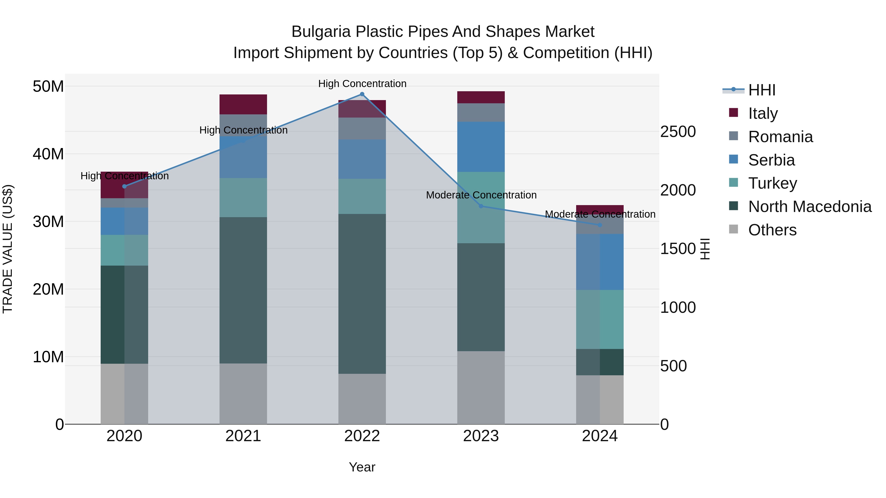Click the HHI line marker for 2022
tap(362, 94)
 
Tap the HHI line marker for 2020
tap(125, 186)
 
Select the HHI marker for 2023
tap(481, 206)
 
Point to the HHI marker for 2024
tap(600, 225)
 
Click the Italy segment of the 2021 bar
tap(243, 104)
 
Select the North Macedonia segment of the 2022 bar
tap(362, 294)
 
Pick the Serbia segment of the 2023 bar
tap(481, 147)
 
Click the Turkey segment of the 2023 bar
tap(481, 208)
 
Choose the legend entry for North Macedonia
tap(810, 207)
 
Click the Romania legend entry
tap(780, 137)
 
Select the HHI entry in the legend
tap(761, 90)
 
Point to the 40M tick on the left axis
tap(48, 154)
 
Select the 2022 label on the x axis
tap(362, 436)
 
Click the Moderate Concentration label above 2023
tap(481, 195)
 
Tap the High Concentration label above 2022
tap(362, 84)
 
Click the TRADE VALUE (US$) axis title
tap(8, 249)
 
